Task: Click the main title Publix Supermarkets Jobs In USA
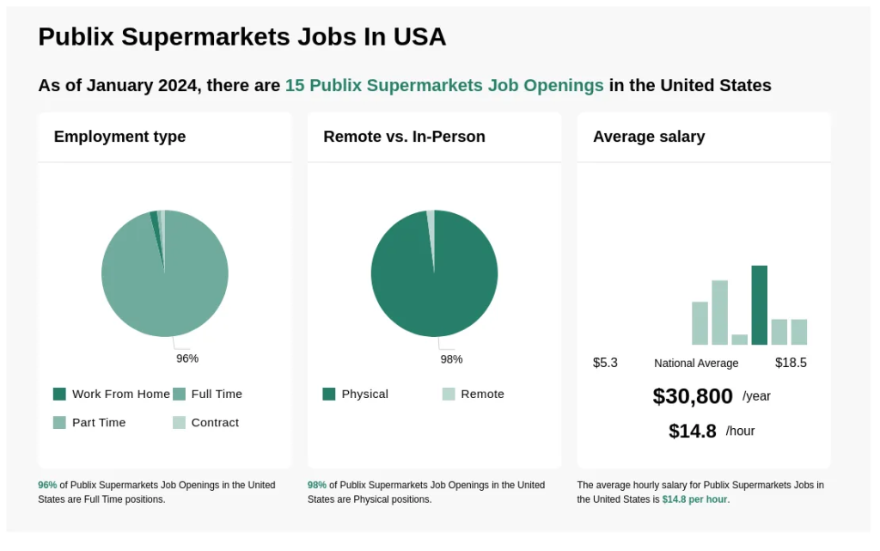[241, 37]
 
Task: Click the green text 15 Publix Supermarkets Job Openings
[444, 85]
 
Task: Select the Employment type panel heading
[119, 137]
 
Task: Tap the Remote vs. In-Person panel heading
[404, 137]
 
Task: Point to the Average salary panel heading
[649, 137]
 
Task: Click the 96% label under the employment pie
[187, 358]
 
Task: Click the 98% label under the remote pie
[451, 358]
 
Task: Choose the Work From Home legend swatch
[59, 394]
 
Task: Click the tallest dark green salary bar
[759, 305]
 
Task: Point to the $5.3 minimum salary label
[605, 363]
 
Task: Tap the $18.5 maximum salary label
[791, 363]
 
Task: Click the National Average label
[696, 363]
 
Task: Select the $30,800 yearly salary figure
[693, 396]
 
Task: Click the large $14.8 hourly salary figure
[693, 431]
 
